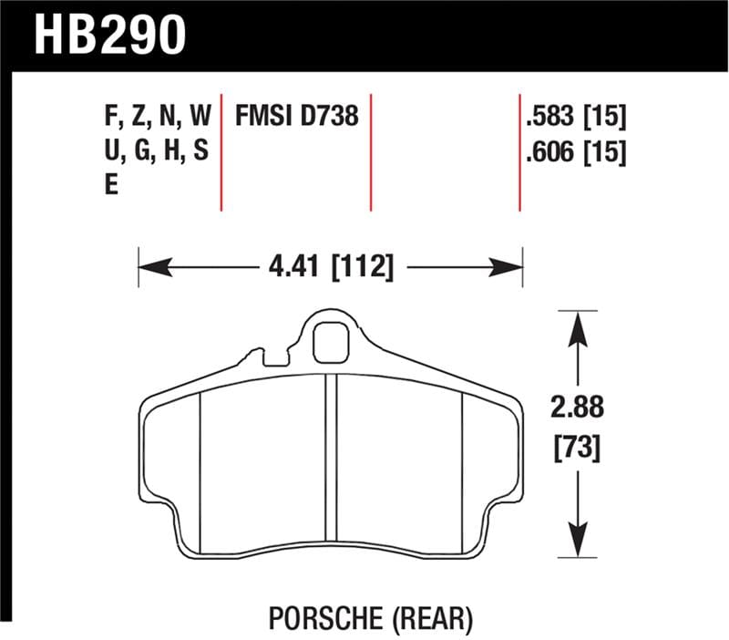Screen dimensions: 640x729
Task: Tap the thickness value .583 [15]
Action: coord(575,117)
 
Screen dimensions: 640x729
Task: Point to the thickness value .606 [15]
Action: coord(575,154)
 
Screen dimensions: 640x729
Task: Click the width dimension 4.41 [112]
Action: coord(331,267)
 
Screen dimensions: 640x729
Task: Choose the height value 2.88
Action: coord(576,408)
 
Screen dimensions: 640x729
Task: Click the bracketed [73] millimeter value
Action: coord(576,448)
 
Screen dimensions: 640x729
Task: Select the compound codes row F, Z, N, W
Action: coord(158,117)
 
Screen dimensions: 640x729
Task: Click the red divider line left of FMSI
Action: coord(222,150)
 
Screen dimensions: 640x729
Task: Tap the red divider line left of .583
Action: coord(519,150)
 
